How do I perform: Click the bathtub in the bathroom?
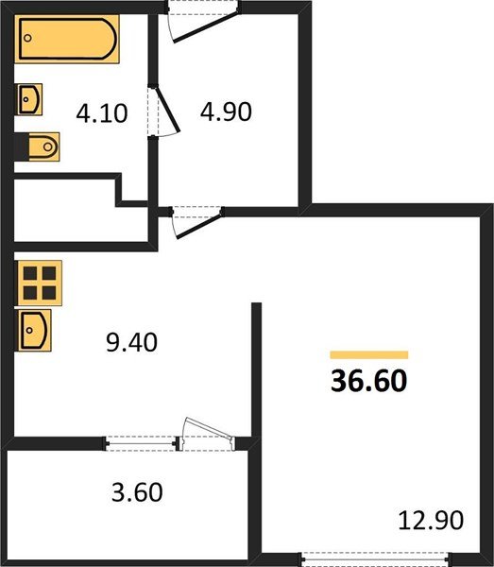67,39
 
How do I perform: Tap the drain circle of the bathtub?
27,38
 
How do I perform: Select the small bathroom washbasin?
29,99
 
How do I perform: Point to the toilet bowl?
43,146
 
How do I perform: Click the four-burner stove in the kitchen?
40,283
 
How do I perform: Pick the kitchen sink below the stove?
34,330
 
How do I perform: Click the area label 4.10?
102,113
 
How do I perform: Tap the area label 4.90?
226,112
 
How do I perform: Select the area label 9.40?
131,342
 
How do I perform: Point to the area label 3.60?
137,491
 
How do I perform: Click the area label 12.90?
431,520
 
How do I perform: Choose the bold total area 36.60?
369,381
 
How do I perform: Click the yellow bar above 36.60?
369,354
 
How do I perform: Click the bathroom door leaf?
168,110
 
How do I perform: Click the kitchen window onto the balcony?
141,443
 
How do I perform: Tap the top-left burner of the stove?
30,273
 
